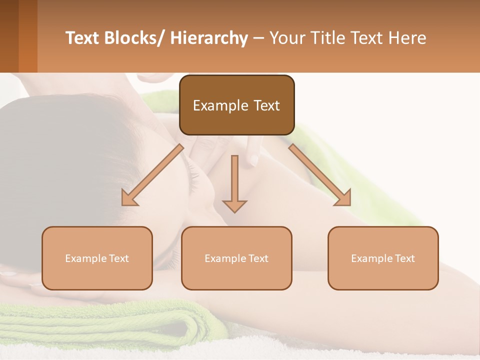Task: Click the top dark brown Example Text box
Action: (236, 105)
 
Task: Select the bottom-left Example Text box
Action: (97, 258)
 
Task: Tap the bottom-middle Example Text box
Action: (236, 258)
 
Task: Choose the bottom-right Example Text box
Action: (383, 258)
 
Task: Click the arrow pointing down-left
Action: (152, 175)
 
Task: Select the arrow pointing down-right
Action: (320, 175)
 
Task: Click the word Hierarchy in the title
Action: (209, 38)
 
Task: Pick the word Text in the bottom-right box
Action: (404, 258)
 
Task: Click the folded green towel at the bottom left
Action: (100, 325)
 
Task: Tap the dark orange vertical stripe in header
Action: (27, 36)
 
